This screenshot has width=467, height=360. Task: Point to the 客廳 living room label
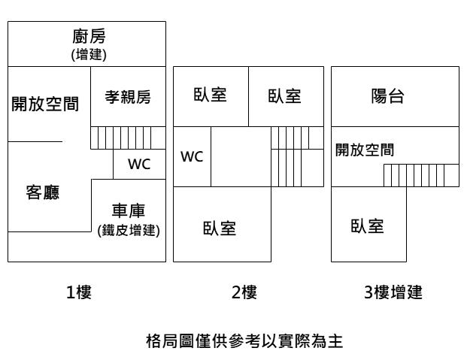pyautogui.click(x=43, y=192)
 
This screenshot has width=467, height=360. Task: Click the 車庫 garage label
pyautogui.click(x=128, y=211)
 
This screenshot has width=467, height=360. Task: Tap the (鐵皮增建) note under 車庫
pyautogui.click(x=128, y=230)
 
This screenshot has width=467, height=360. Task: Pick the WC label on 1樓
pyautogui.click(x=139, y=164)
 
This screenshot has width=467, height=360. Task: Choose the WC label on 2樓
pyautogui.click(x=193, y=157)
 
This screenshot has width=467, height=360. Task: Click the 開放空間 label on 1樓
pyautogui.click(x=45, y=104)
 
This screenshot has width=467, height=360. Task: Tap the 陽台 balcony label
pyautogui.click(x=388, y=97)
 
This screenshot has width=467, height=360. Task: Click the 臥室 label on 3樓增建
pyautogui.click(x=368, y=226)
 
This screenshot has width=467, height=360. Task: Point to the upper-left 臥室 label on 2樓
pyautogui.click(x=211, y=95)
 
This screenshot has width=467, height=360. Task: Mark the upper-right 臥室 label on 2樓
pyautogui.click(x=285, y=96)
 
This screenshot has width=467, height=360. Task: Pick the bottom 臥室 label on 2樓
pyautogui.click(x=220, y=229)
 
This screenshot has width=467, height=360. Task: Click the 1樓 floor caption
pyautogui.click(x=79, y=293)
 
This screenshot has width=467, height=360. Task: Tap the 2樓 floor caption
pyautogui.click(x=244, y=293)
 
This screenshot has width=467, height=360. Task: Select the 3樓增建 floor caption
pyautogui.click(x=393, y=293)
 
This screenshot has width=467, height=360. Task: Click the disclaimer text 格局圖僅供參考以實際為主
pyautogui.click(x=244, y=342)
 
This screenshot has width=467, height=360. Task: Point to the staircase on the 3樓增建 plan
pyautogui.click(x=421, y=175)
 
